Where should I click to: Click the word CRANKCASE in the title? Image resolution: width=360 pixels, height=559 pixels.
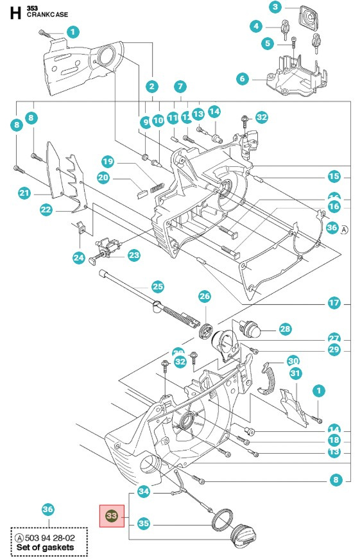47,14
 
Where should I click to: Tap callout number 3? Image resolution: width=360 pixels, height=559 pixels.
275,8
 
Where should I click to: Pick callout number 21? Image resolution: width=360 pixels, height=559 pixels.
24,193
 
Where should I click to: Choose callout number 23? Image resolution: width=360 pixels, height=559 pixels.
133,255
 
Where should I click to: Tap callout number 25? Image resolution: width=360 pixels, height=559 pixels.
157,286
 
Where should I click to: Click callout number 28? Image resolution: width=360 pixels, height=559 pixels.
285,329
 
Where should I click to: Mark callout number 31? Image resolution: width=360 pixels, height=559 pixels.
295,373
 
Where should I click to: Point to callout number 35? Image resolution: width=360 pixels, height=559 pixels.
144,524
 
